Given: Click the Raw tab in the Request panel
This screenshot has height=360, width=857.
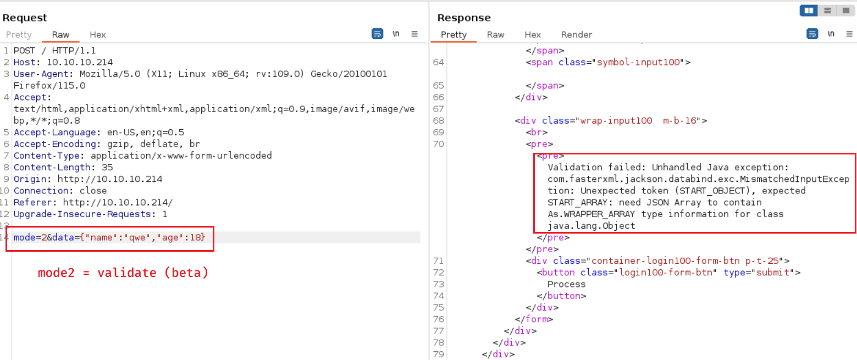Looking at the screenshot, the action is click(x=60, y=35).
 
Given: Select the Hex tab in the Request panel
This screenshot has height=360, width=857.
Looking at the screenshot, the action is click(x=97, y=35).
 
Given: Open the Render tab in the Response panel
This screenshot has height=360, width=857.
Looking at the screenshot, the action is click(x=576, y=35).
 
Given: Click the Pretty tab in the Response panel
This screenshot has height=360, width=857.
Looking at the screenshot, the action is click(x=454, y=35).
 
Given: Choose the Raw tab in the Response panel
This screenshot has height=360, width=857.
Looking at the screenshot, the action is click(x=495, y=35).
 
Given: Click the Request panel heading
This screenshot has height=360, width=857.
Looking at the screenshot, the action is click(x=25, y=18).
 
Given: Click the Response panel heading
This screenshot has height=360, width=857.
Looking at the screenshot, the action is click(x=464, y=18).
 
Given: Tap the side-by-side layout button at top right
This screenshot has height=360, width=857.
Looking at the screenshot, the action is click(x=809, y=10).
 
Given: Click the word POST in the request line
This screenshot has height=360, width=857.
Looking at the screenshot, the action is click(x=24, y=51).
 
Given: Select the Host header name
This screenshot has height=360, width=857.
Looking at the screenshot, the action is click(x=25, y=62).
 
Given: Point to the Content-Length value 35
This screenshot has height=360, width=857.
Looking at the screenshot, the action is click(x=107, y=167).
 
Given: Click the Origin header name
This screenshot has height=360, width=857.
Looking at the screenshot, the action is click(x=30, y=179).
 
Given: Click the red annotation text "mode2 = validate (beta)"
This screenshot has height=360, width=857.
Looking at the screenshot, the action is click(x=123, y=273).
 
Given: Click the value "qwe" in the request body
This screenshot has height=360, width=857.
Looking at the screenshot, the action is click(x=137, y=237).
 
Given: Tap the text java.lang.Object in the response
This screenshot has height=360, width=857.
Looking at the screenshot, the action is click(x=591, y=226).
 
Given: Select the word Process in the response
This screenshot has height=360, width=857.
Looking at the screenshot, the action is click(x=566, y=284).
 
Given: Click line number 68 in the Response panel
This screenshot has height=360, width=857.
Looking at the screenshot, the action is click(x=439, y=120).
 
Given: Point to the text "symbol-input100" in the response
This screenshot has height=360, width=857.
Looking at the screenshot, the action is click(x=638, y=62).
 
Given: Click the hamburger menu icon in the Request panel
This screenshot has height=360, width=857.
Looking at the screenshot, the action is click(x=414, y=34).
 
